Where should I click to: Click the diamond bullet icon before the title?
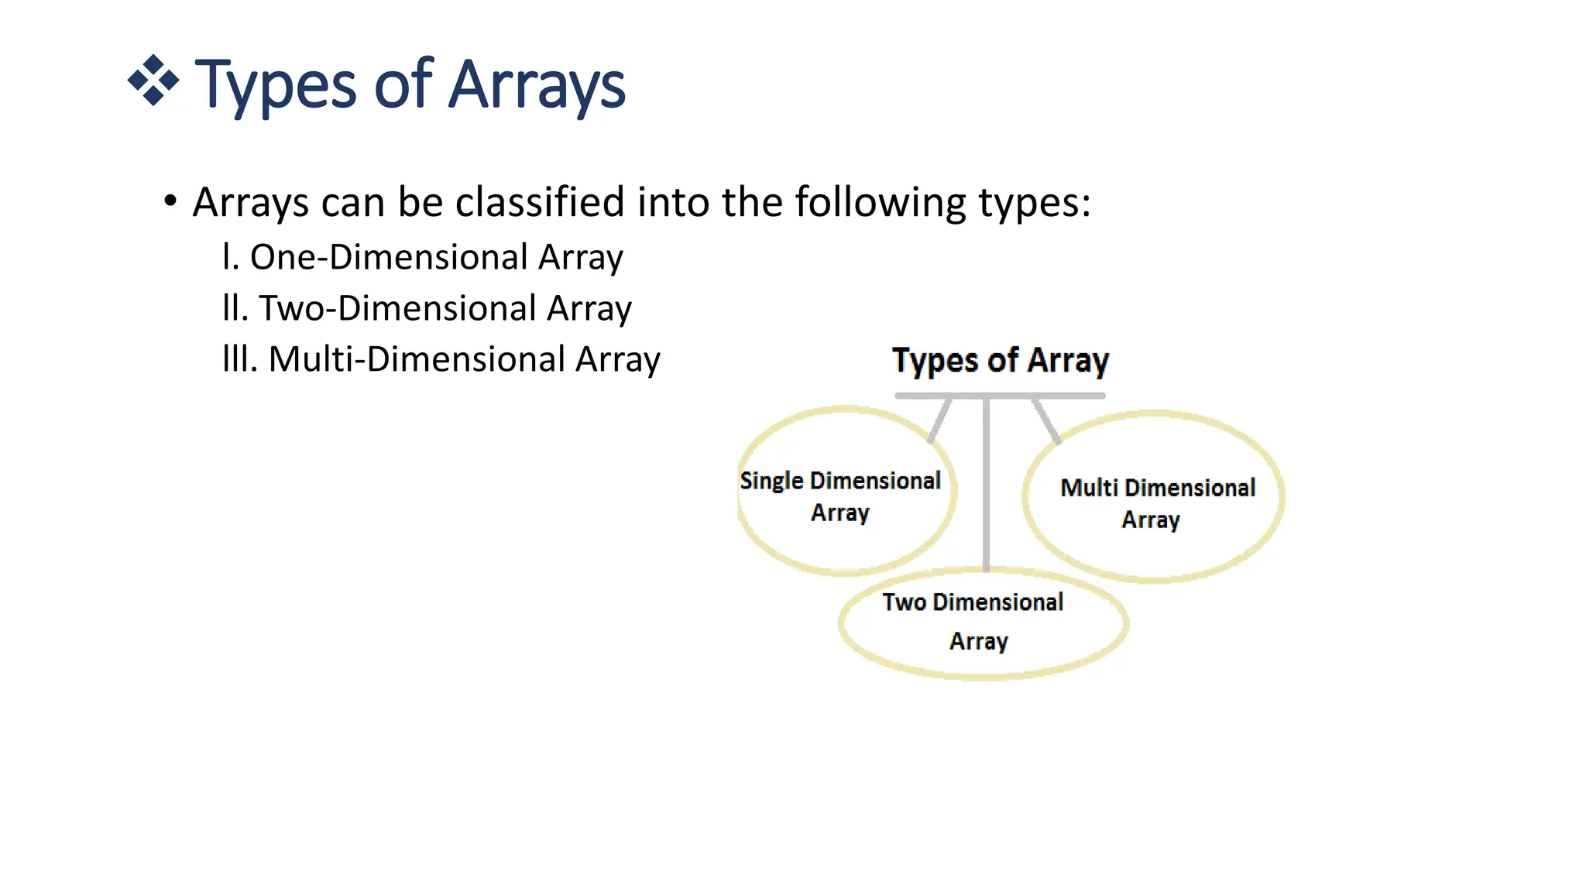153,80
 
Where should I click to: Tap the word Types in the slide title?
275,85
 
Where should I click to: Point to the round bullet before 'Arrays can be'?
170,202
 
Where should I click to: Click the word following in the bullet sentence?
880,204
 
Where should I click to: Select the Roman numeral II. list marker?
235,308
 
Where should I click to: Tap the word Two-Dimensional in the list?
397,308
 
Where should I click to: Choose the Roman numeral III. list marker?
239,359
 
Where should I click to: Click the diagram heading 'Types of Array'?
1000,361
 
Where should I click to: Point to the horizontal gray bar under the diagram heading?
999,396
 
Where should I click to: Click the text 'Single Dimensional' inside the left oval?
840,481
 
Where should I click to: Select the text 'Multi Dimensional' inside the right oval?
1158,488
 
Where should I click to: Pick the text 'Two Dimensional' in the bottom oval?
973,602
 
